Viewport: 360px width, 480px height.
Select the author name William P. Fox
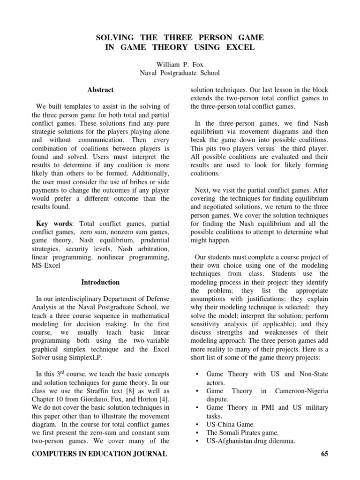pyautogui.click(x=180, y=65)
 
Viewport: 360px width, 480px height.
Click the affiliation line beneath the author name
pyautogui.click(x=180, y=73)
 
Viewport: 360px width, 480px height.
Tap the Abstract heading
pyautogui.click(x=100, y=90)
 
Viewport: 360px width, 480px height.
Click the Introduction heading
pyautogui.click(x=100, y=282)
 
